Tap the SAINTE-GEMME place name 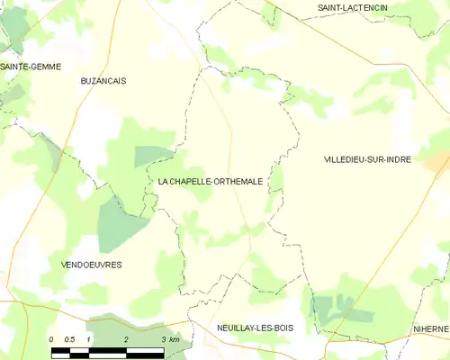click(x=30, y=67)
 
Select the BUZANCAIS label click(x=103, y=80)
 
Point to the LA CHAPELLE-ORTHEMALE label click(x=211, y=181)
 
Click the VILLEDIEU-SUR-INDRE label click(x=367, y=159)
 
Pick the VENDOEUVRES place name click(x=91, y=265)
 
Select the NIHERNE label click(x=431, y=329)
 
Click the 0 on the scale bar click(x=51, y=339)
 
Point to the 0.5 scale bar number click(x=68, y=339)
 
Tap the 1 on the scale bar click(x=89, y=339)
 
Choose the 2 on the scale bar click(x=126, y=339)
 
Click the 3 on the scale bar click(x=163, y=339)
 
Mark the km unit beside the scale click(x=175, y=339)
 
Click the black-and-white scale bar click(x=107, y=350)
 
